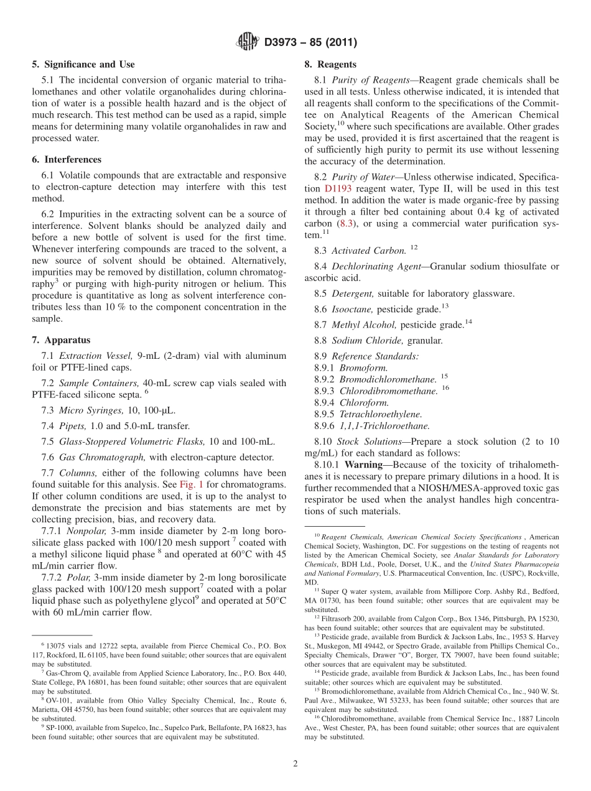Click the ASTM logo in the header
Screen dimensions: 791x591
coord(247,42)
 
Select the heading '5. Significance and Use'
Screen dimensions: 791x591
coord(83,64)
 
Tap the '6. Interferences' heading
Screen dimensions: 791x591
coord(67,160)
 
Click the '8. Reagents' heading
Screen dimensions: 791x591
coord(330,64)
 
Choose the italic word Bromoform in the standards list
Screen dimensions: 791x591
coord(363,368)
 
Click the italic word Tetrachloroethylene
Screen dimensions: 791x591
coord(380,414)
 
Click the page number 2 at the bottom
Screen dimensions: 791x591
coord(295,764)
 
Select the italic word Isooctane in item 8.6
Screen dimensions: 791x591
coord(353,309)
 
